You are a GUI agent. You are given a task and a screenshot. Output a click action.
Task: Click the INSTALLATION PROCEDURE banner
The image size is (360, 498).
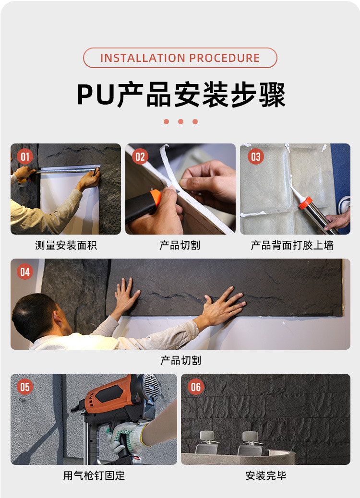coord(180,58)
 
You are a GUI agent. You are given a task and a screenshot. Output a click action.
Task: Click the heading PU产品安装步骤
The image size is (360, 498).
coord(181,95)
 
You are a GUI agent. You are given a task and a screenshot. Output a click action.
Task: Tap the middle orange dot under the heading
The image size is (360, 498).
coord(180,122)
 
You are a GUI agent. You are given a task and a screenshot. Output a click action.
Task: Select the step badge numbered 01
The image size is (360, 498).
coord(25,156)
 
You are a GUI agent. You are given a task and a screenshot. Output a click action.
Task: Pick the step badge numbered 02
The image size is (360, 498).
coord(140,156)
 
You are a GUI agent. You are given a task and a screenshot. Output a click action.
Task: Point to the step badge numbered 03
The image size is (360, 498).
coord(256,156)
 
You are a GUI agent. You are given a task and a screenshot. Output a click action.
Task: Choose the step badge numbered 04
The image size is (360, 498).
coord(25,272)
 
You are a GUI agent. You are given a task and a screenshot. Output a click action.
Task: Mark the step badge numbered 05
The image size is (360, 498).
coord(25,387)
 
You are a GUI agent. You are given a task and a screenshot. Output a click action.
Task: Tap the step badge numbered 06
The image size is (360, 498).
coord(195,387)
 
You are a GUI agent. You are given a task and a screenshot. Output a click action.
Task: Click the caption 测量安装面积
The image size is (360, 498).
coord(66,245)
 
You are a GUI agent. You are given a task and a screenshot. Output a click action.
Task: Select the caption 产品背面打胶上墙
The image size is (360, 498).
coord(292,245)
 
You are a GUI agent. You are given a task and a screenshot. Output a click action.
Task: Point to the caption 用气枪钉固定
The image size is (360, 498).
coord(94,475)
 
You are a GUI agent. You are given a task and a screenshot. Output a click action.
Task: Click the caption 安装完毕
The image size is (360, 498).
coord(265,475)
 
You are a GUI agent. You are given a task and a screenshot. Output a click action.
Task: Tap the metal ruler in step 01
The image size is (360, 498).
coord(68,169)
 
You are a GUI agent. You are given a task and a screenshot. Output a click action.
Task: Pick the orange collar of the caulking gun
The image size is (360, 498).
coord(305,203)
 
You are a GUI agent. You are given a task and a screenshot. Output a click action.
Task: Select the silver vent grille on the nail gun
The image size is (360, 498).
coord(151,385)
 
